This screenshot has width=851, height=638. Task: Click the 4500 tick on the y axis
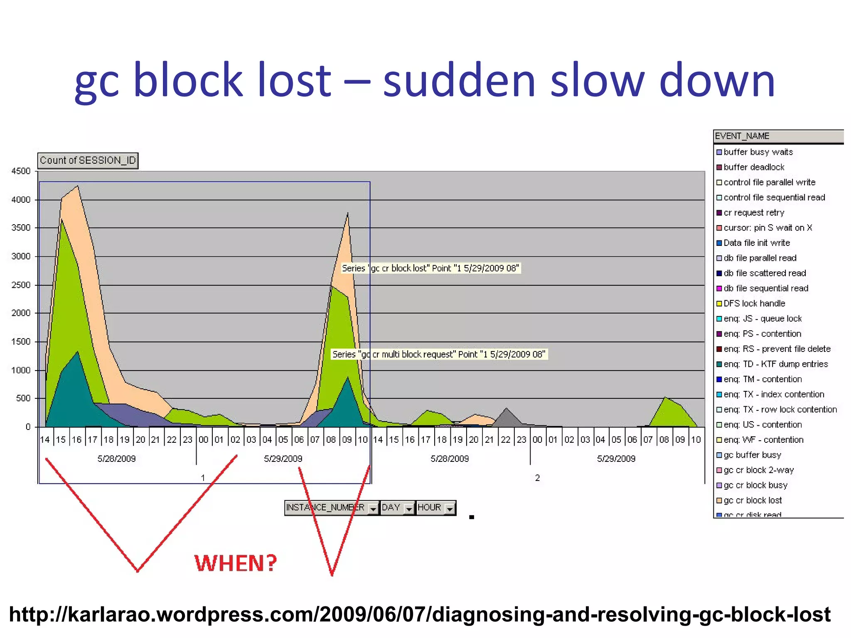(x=21, y=171)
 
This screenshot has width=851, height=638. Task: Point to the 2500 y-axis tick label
(x=21, y=285)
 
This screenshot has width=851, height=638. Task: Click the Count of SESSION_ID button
(x=88, y=161)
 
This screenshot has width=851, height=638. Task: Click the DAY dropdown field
(x=397, y=508)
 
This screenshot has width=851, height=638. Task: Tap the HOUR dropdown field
(x=435, y=508)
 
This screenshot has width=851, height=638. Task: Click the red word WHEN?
(x=236, y=564)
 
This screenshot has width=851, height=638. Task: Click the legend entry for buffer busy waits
(x=758, y=152)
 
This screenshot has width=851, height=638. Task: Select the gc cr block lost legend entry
(x=753, y=500)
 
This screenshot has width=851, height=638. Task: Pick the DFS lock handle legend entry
(x=754, y=303)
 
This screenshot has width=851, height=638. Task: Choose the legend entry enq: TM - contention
(x=762, y=379)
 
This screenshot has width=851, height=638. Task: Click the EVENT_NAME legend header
(x=742, y=136)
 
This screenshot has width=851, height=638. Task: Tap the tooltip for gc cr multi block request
(x=439, y=354)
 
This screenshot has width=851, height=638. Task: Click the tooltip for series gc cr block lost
(x=430, y=268)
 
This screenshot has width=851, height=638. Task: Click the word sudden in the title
(x=459, y=80)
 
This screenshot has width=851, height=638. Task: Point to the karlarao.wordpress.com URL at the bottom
(x=420, y=614)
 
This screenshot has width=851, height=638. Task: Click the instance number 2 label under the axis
(x=537, y=478)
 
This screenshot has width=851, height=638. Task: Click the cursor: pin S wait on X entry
(x=767, y=228)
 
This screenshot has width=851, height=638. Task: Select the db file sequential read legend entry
(x=766, y=288)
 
